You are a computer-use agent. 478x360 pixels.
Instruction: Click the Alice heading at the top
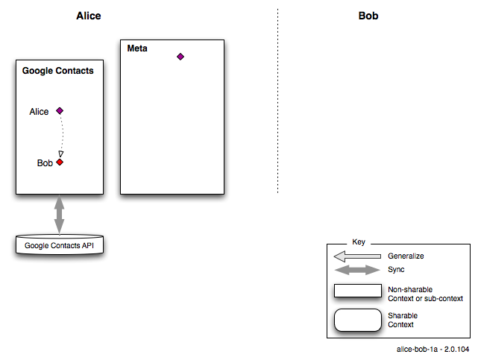[x=89, y=16]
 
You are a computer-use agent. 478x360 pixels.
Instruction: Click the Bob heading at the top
[x=368, y=16]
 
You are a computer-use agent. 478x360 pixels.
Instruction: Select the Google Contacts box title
[x=58, y=71]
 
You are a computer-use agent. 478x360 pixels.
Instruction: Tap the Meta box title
[x=137, y=48]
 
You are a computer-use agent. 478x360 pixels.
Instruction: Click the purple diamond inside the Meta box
[x=180, y=57]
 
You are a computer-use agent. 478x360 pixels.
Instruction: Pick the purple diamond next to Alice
[x=60, y=111]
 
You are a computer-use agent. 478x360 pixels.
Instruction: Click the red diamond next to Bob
[x=60, y=162]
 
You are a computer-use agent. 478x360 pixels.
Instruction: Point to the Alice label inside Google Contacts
[x=39, y=112]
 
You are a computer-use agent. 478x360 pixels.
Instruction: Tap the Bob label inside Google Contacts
[x=45, y=163]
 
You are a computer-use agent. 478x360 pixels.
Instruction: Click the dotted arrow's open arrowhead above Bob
[x=61, y=154]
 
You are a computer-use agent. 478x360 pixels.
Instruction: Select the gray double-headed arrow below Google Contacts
[x=59, y=215]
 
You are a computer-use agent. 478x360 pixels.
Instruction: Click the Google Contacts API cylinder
[x=60, y=244]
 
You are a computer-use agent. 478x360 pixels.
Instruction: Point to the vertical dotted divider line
[x=277, y=101]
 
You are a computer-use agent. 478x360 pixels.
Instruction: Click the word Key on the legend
[x=359, y=241]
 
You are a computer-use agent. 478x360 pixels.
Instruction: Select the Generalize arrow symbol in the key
[x=357, y=256]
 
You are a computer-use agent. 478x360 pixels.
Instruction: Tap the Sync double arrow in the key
[x=357, y=270]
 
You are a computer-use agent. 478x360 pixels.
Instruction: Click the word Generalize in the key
[x=406, y=256]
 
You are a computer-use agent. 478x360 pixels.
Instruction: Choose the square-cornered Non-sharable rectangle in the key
[x=358, y=291]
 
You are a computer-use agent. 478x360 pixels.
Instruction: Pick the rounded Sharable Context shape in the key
[x=358, y=320]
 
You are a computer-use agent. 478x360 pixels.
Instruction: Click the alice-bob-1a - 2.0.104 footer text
[x=433, y=350]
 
